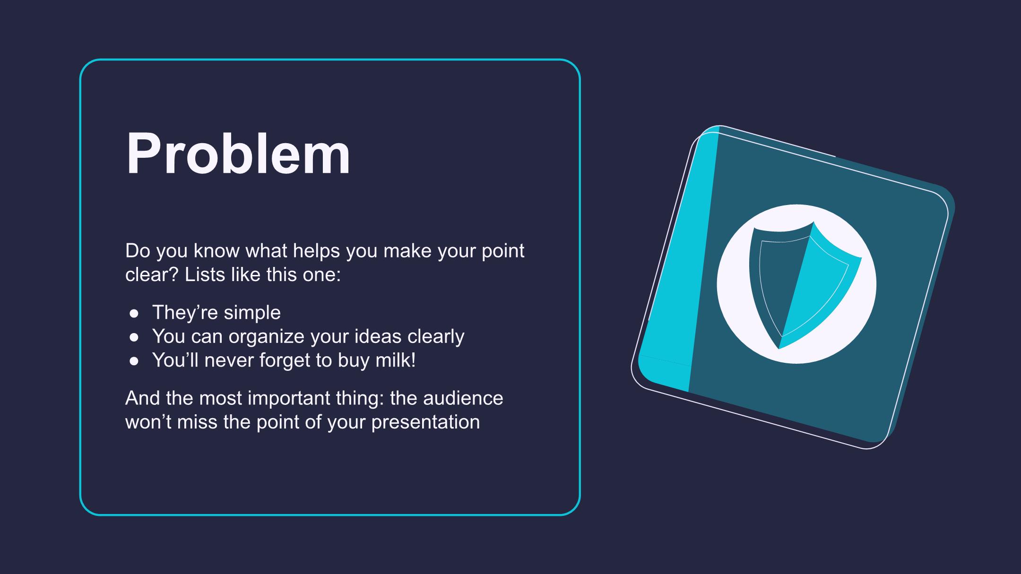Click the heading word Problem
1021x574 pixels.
tap(238, 154)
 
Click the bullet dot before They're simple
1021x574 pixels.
tap(134, 313)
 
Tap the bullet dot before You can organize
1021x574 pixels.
tap(134, 337)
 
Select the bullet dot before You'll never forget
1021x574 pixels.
tap(134, 361)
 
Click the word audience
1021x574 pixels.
tap(463, 398)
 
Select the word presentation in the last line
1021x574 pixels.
tap(425, 422)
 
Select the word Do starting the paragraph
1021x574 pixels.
tap(138, 251)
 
